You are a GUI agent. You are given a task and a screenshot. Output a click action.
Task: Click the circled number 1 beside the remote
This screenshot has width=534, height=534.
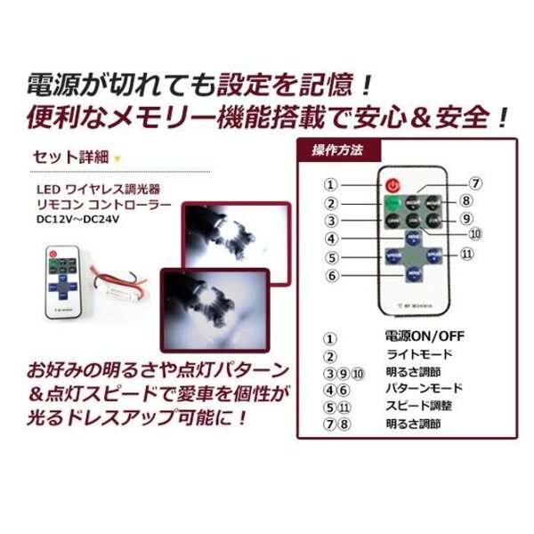point(330,186)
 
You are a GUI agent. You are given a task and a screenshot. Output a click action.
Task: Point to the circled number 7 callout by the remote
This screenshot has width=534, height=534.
point(476,184)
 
